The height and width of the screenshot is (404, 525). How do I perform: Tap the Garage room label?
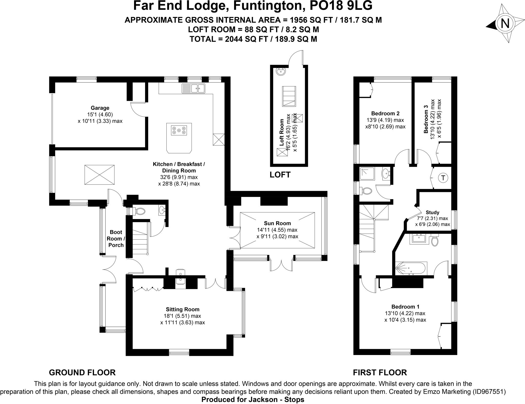[100, 108]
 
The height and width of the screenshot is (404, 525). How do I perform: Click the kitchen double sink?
[193, 88]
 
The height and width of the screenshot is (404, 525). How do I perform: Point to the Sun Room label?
[277, 223]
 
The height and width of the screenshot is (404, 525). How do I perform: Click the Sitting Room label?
[183, 309]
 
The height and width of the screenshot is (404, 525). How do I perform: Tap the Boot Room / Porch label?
[116, 239]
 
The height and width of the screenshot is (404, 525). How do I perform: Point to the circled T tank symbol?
[443, 178]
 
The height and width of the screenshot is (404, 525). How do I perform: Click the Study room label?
[432, 212]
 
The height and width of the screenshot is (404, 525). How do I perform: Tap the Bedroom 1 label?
[405, 307]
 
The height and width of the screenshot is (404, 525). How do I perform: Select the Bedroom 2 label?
[385, 113]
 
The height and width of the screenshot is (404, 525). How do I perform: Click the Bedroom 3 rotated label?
[426, 119]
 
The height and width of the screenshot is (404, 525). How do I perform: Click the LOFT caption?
[280, 175]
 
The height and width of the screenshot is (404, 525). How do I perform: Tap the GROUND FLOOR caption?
[82, 372]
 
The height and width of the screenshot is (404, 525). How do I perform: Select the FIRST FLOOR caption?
[380, 372]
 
